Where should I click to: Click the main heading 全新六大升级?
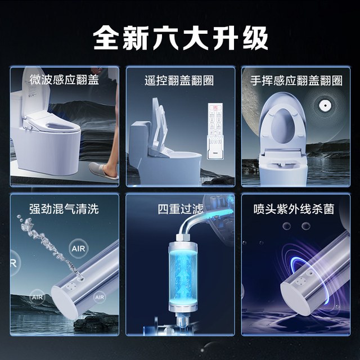click(181, 38)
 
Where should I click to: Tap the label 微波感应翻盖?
click(64, 80)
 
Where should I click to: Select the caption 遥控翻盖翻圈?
click(179, 80)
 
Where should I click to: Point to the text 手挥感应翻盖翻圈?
click(296, 80)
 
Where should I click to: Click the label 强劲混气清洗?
click(64, 209)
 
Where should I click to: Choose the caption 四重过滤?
click(181, 209)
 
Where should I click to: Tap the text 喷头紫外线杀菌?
click(294, 209)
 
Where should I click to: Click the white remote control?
click(215, 131)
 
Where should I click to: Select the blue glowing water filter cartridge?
click(183, 276)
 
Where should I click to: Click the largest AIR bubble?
click(78, 248)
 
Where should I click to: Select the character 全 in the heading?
click(106, 38)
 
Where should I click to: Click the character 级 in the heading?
click(255, 38)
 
